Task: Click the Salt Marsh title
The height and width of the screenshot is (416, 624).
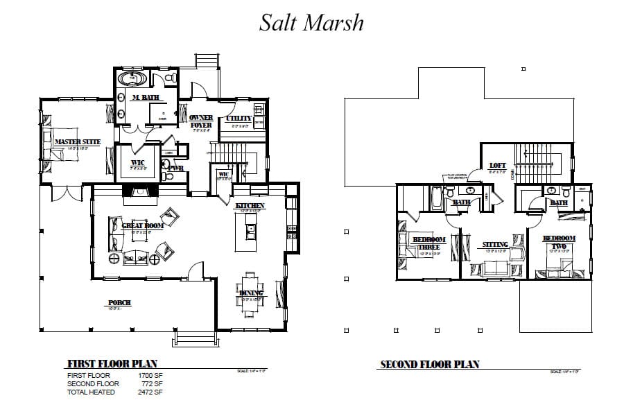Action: [311, 23]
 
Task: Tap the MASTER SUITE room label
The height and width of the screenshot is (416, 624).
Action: [77, 142]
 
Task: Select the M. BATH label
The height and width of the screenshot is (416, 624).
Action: [145, 98]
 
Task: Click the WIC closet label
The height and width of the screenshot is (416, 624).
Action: [137, 163]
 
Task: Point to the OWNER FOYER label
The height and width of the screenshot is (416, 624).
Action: [200, 121]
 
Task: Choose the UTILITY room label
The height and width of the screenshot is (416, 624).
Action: [239, 119]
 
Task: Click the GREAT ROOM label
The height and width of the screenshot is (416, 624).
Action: [143, 226]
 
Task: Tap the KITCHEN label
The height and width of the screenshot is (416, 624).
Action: [250, 206]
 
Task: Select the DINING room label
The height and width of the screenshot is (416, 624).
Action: [251, 293]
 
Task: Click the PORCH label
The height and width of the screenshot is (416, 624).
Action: [119, 303]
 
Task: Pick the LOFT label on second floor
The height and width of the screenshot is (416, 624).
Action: [498, 166]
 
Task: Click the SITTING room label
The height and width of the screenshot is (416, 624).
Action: [495, 245]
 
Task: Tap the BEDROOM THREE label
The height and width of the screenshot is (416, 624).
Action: [428, 243]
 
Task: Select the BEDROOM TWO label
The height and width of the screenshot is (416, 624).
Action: [559, 242]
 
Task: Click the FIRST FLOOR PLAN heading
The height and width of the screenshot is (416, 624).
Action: [112, 363]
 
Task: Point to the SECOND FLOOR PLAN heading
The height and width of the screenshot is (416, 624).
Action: [429, 364]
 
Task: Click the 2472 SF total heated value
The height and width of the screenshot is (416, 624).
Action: [150, 392]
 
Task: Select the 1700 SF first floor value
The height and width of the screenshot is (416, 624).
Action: [150, 375]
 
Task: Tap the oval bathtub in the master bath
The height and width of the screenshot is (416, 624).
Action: [130, 79]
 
